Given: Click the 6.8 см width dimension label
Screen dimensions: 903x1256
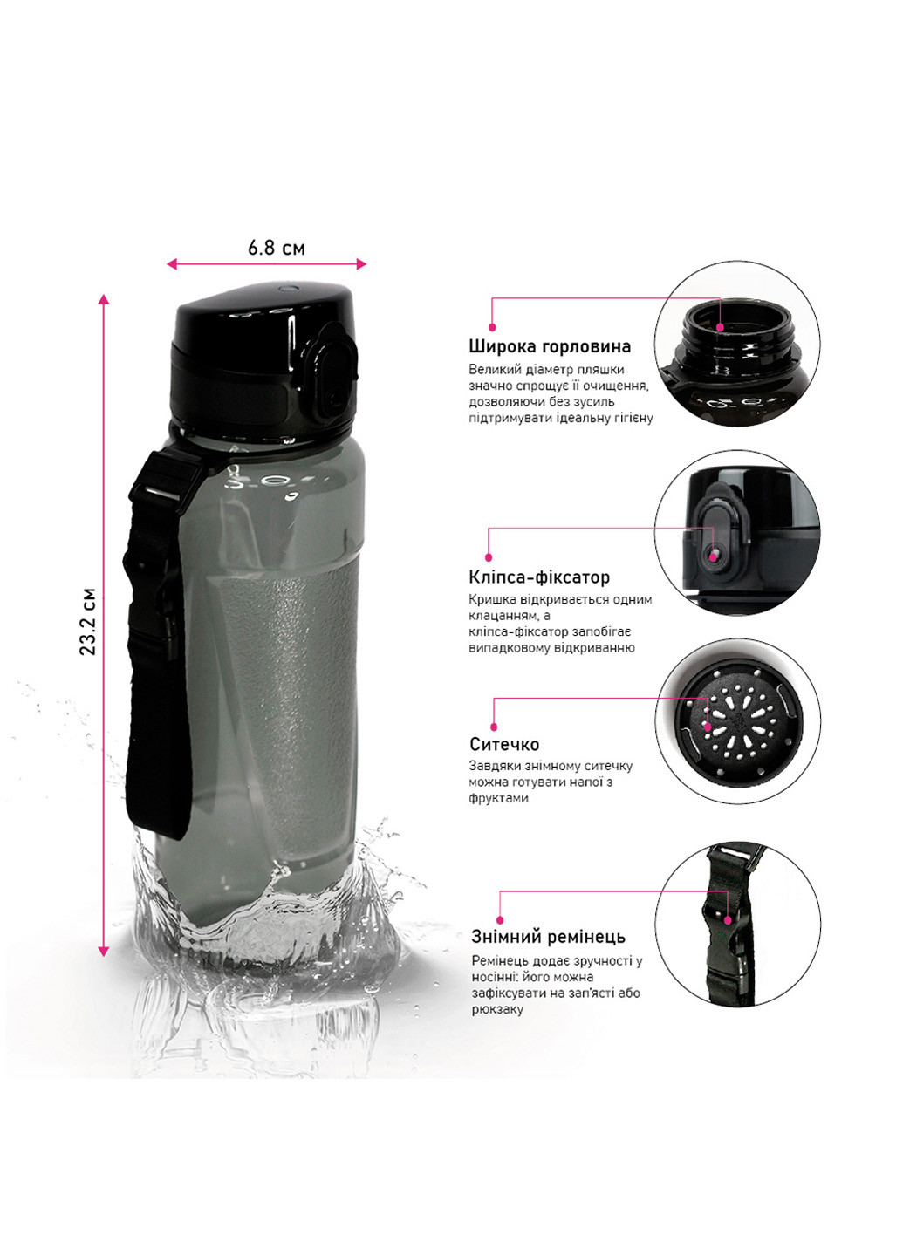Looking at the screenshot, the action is (277, 248).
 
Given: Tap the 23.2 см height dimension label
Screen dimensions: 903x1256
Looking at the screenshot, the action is (88, 621).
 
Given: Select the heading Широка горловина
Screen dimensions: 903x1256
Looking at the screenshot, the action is (550, 346).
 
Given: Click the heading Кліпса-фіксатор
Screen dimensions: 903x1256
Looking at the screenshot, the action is (539, 577).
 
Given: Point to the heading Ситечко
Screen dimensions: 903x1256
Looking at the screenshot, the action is (504, 745).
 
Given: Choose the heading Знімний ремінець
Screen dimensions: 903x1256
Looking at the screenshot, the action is (548, 937).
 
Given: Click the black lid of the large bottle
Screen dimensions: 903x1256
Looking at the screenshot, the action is (263, 362).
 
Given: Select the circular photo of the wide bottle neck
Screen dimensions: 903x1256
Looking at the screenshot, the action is (737, 344).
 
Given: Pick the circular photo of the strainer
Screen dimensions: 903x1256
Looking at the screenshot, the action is (737, 721).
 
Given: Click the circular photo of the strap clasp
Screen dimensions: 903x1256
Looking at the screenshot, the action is (737, 924).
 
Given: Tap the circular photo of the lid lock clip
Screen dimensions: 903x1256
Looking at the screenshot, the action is (737, 533).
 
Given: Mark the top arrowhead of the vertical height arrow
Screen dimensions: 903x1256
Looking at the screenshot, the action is (103, 299).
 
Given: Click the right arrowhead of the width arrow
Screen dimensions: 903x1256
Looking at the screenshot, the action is (361, 264).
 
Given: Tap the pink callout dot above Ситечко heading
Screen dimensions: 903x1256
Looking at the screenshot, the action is (494, 727).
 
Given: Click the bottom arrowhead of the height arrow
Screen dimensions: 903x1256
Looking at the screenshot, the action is (103, 952).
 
